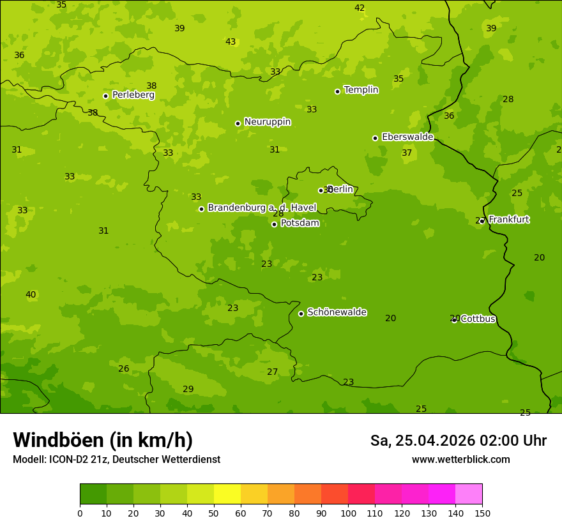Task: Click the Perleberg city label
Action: tap(133, 95)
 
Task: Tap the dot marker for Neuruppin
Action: tap(238, 123)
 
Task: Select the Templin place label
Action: tap(361, 90)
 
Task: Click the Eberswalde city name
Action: tap(407, 137)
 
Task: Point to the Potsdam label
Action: tap(300, 223)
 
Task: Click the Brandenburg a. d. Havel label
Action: tap(261, 208)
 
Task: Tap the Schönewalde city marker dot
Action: tap(301, 314)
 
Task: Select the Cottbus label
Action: tap(478, 319)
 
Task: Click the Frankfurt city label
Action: tap(508, 220)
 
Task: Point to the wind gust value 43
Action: tap(231, 42)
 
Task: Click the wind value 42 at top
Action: tap(360, 8)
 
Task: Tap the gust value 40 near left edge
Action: tap(31, 295)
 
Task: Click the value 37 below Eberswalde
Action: tap(407, 153)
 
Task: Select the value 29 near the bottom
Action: tap(188, 390)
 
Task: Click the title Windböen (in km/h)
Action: tap(102, 440)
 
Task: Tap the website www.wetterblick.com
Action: tap(460, 460)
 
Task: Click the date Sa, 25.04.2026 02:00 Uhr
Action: tap(458, 441)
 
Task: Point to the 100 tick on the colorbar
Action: tap(348, 513)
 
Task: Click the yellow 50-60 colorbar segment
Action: tap(227, 494)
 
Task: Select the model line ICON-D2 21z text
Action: tap(116, 460)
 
